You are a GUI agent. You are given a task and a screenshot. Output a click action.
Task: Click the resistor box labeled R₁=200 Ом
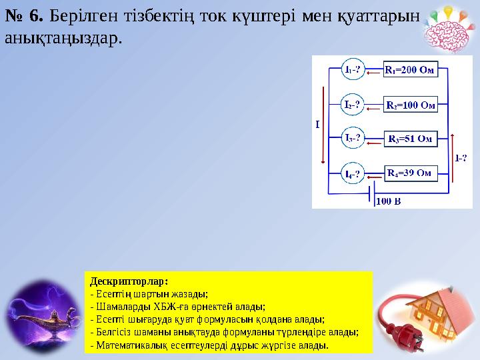pos(409,69)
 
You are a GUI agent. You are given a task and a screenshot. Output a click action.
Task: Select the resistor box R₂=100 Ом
pos(411,105)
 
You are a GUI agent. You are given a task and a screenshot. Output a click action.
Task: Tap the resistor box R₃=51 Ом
pos(410,139)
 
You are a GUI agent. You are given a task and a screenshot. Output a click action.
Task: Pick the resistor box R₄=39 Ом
pos(409,173)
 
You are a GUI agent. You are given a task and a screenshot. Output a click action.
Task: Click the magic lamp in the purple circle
pos(41,319)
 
